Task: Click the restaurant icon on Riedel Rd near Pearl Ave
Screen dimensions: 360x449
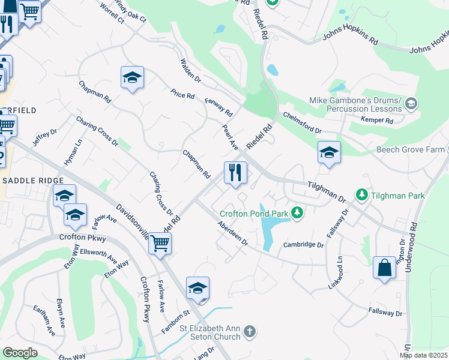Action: tap(236, 173)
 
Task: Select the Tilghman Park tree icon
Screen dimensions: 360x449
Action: tap(361, 195)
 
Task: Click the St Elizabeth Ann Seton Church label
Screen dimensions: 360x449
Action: tap(210, 332)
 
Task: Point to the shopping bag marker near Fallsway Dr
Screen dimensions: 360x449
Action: tap(384, 268)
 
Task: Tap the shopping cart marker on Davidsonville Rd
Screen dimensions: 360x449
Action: tap(160, 244)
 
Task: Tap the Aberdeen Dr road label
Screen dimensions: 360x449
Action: tap(233, 233)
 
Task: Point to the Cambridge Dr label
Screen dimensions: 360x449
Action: tap(303, 245)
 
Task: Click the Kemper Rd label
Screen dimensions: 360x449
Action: tap(377, 121)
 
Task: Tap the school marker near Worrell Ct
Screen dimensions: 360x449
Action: tap(132, 77)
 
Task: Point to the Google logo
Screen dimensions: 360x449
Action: tap(20, 353)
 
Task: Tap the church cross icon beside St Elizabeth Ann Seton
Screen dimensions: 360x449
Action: tap(250, 331)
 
